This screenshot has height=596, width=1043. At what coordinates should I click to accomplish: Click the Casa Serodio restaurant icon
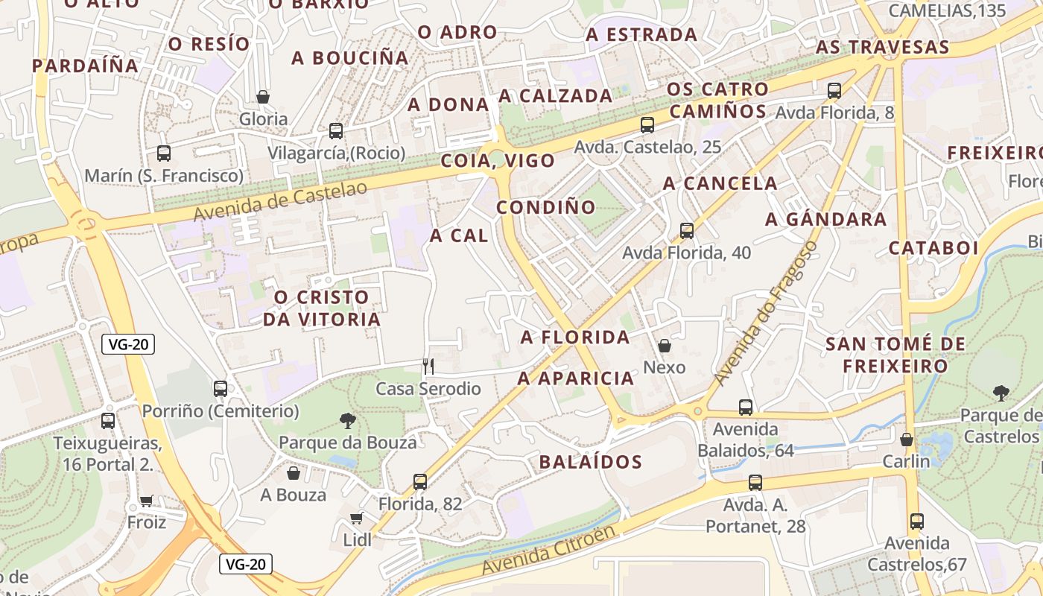pos(428,366)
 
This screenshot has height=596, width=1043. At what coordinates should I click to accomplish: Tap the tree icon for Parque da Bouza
pos(347,421)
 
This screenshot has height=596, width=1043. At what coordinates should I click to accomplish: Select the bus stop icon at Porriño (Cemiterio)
pos(221,388)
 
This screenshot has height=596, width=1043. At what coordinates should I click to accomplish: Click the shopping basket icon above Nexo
pos(665,346)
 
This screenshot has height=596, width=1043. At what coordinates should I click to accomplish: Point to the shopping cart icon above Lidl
pos(357,518)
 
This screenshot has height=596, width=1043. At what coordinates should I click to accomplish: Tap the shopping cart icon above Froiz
pos(146,501)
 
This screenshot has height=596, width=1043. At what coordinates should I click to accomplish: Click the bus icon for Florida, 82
pos(420,482)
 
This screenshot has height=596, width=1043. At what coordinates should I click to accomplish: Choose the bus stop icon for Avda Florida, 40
pos(687,231)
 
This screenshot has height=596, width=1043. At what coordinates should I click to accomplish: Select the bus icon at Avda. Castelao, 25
pos(647,125)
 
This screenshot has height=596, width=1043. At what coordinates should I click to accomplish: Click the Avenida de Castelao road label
pos(280,201)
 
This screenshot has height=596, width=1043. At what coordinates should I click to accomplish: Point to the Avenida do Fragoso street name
pos(766,313)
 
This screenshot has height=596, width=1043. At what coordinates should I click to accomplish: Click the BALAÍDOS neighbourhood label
pos(591,462)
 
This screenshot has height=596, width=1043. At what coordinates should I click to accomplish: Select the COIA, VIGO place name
pos(498,161)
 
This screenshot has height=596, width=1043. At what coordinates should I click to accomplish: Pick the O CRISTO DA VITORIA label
pos(322,308)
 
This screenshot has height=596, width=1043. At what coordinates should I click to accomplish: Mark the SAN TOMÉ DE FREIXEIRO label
pos(895,355)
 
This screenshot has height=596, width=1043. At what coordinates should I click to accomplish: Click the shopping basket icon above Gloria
pos(263,97)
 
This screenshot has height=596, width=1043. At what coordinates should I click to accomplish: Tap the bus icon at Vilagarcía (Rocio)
pos(336,131)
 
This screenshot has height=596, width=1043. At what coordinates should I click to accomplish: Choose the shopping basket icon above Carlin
pos(907,440)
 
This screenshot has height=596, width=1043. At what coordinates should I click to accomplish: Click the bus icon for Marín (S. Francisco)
pos(164,153)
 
